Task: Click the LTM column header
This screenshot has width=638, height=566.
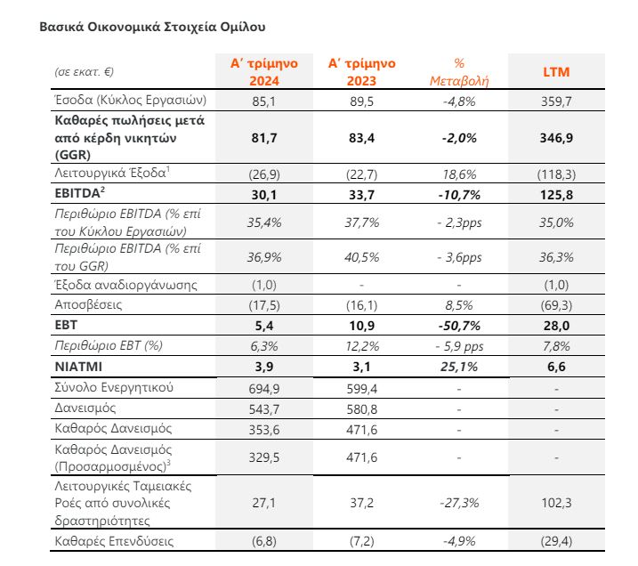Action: (556, 72)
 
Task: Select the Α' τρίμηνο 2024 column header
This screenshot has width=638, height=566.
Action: (264, 72)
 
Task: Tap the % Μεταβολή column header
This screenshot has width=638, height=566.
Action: (459, 72)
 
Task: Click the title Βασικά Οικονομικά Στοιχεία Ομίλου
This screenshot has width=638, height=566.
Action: (152, 27)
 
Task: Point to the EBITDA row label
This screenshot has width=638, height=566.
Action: (79, 193)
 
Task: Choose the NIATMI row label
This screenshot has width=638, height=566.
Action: (78, 367)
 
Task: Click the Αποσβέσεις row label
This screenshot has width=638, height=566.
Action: (88, 304)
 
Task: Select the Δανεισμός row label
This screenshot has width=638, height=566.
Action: (85, 408)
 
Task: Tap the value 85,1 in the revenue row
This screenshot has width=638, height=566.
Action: (264, 101)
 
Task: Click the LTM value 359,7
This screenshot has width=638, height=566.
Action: (556, 101)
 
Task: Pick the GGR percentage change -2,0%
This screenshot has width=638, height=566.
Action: (459, 138)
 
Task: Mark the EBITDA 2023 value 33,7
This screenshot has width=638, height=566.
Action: (361, 195)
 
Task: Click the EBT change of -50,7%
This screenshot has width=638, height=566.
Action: (459, 326)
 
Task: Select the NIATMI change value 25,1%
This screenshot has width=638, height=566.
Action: (459, 367)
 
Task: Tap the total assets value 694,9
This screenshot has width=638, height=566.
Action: (264, 389)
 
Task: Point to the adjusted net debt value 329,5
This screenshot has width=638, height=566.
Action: (264, 457)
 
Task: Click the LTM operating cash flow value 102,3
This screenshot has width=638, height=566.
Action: (556, 503)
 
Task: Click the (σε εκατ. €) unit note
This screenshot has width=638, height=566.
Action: (84, 72)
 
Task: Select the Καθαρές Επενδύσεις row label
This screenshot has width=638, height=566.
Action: (114, 541)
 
